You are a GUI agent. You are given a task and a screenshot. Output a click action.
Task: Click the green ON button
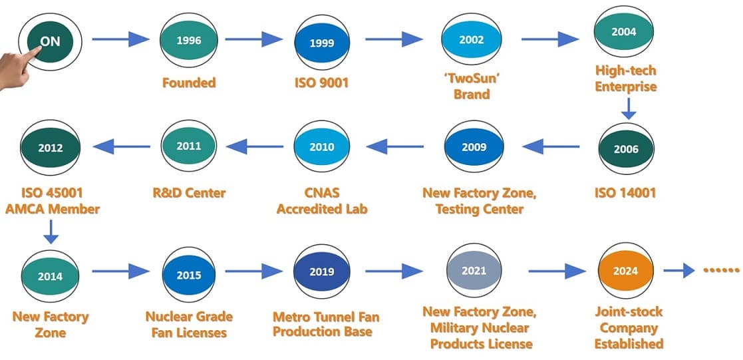coord(51,42)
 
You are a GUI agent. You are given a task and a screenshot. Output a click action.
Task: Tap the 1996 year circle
coord(189,41)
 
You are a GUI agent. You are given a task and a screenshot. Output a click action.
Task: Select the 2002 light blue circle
coord(472,39)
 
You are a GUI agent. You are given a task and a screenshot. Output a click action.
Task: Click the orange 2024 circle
coord(625,271)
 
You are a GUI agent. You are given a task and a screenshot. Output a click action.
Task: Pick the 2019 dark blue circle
coord(322,271)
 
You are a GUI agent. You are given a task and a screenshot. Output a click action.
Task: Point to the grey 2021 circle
coord(474,271)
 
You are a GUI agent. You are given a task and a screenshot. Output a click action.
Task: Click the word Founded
coord(189,83)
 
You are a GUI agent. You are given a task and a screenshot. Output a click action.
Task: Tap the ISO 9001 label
coord(322,83)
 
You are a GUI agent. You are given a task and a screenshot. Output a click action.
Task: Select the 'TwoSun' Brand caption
coord(472,86)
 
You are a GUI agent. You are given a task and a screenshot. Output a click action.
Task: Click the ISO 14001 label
coord(625,192)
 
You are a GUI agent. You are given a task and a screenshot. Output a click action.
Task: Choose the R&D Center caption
coord(189,192)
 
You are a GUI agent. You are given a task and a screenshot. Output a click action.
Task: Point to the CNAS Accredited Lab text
coord(322,201)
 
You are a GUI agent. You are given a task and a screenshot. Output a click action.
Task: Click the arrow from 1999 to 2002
coord(394,39)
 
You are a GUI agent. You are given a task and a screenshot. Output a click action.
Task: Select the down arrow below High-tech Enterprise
coord(629,108)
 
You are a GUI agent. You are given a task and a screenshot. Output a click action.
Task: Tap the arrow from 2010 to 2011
coord(255,146)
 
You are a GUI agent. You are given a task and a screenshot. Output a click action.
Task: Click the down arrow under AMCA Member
coord(51,232)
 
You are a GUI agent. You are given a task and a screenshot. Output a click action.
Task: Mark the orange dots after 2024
coord(721,270)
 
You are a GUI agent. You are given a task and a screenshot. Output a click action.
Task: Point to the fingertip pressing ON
coord(36,51)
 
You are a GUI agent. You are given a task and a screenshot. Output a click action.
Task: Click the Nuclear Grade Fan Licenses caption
coord(189,325)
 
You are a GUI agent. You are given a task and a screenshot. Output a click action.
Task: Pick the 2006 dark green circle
coord(626,149)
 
